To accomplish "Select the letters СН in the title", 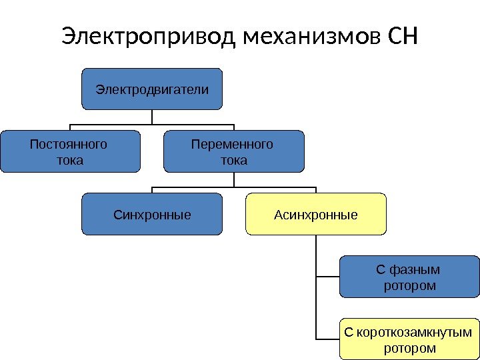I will [x=401, y=37].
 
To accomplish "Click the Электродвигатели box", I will [x=152, y=89].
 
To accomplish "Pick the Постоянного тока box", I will [x=70, y=152].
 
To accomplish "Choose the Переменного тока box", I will [x=233, y=152].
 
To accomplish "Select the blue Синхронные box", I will [x=152, y=215].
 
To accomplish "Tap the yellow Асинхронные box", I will [x=316, y=215].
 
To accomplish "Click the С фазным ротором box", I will [x=409, y=277].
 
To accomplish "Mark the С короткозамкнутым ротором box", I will [x=409, y=340].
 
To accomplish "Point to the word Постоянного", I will [x=69, y=145].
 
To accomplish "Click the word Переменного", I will [x=232, y=145].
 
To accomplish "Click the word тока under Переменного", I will [x=233, y=160].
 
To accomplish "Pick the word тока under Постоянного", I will [x=71, y=160].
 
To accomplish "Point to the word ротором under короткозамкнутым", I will [x=410, y=348].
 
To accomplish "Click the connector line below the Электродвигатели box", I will [x=152, y=117].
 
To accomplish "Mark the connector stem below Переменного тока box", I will [x=234, y=180].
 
